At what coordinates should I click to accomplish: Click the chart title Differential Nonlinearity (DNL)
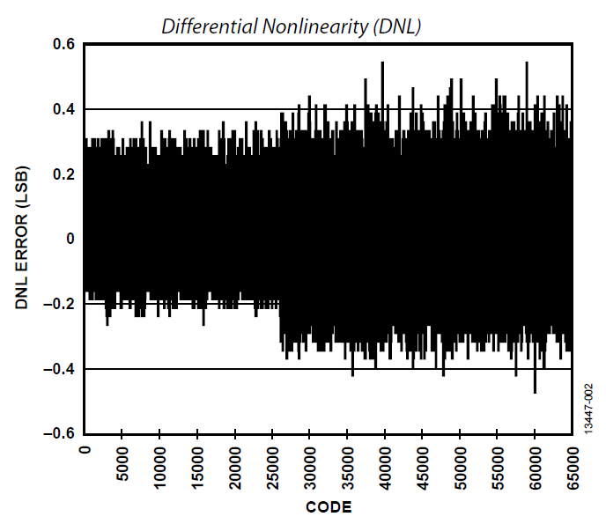[292, 27]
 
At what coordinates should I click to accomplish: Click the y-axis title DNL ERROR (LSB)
[23, 238]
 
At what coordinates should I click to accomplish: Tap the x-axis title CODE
[329, 506]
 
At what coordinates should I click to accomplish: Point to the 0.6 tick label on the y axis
[63, 44]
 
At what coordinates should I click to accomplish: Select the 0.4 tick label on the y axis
[63, 109]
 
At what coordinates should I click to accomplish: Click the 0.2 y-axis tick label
[63, 174]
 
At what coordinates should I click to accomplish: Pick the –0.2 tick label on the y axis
[59, 304]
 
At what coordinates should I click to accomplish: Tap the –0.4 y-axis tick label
[59, 369]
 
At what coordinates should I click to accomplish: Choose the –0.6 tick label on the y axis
[59, 434]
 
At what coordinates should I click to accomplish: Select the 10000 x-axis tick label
[160, 464]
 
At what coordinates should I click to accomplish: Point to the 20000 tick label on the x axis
[235, 464]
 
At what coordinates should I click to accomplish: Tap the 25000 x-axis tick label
[273, 464]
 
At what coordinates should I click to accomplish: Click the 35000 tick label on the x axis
[348, 464]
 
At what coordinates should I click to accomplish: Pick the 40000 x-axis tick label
[386, 464]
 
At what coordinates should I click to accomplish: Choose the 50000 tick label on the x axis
[461, 464]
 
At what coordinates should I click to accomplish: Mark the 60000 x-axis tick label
[536, 464]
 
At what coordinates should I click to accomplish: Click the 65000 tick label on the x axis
[573, 464]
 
